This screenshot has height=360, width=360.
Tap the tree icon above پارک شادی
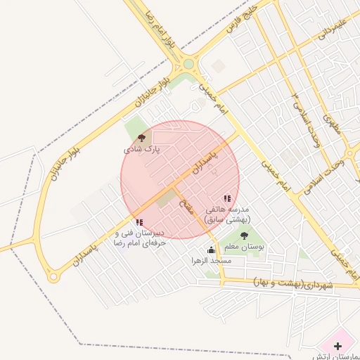click(142, 138)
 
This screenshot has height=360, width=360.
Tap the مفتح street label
click(187, 207)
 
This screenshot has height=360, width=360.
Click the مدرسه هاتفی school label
click(226, 214)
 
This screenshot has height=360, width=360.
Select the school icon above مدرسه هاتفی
click(226, 199)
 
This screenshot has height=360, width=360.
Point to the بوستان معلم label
click(244, 247)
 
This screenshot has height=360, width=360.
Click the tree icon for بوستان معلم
click(244, 236)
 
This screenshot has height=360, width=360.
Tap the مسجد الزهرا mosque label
click(211, 261)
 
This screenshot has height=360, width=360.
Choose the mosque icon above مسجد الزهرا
click(211, 250)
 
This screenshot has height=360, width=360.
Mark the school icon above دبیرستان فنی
click(139, 222)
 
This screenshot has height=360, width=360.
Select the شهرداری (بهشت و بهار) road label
click(292, 283)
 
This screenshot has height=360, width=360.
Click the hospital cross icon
click(338, 346)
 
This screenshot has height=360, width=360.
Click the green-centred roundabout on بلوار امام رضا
click(188, 65)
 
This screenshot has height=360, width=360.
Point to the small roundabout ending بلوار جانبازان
click(53, 277)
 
